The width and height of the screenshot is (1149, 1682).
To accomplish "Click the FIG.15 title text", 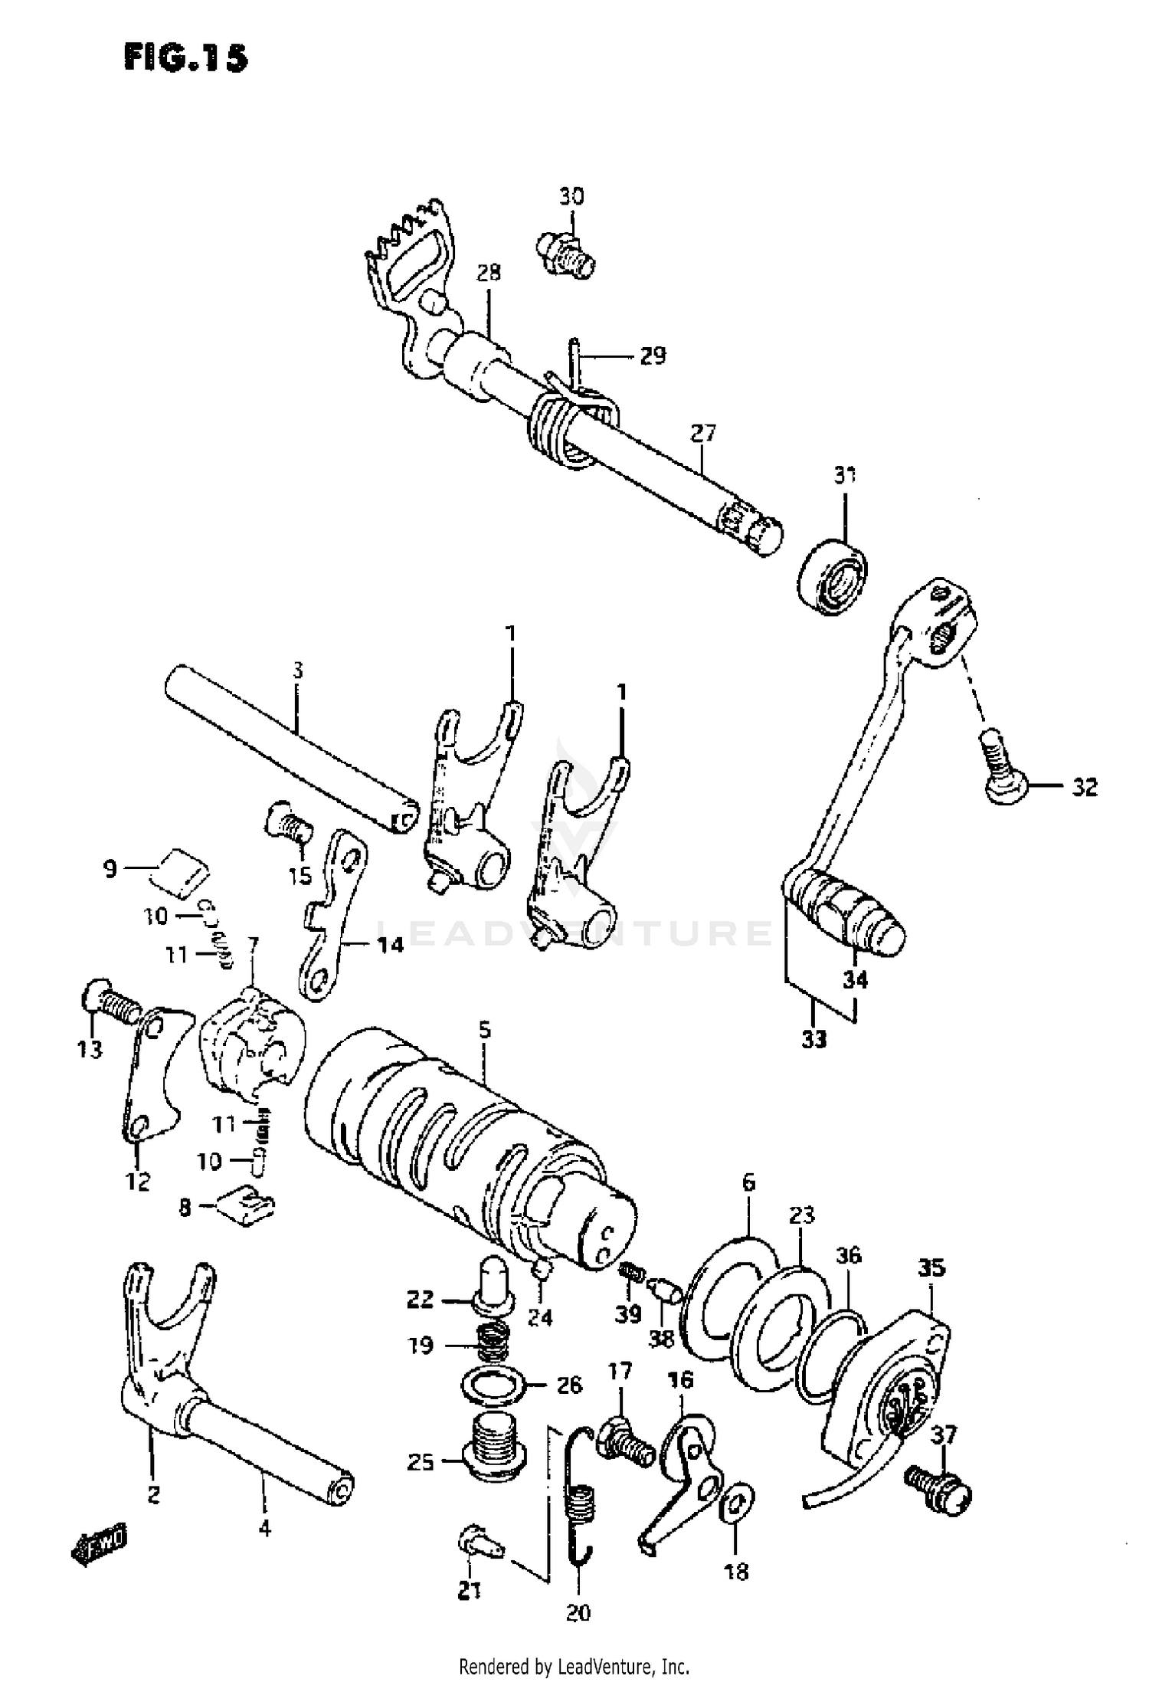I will (x=186, y=57).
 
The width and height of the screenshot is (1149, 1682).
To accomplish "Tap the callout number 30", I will (x=571, y=196).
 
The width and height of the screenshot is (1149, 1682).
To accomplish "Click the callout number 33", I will (x=814, y=1039).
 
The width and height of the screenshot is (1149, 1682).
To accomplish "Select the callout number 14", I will (x=391, y=945).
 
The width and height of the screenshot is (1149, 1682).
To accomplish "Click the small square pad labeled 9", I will (x=182, y=871).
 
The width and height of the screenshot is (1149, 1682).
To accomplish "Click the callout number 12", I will (x=139, y=1181).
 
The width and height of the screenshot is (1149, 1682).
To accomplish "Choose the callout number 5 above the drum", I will (x=484, y=1031).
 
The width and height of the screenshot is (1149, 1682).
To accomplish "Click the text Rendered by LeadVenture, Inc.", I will (x=574, y=1664).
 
